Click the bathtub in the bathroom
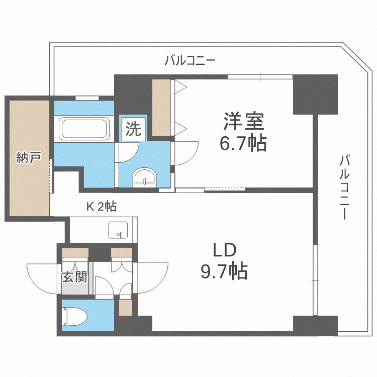[x=84, y=129]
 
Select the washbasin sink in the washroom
[x=145, y=177]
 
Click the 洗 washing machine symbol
[x=133, y=130]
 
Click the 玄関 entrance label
[x=74, y=277]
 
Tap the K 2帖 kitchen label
[x=102, y=207]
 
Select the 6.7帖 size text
[x=243, y=144]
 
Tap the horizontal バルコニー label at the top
[x=191, y=61]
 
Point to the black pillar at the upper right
[x=315, y=94]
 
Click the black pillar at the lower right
[x=315, y=326]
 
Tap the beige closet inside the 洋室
[x=161, y=107]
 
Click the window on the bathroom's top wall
[x=86, y=98]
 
